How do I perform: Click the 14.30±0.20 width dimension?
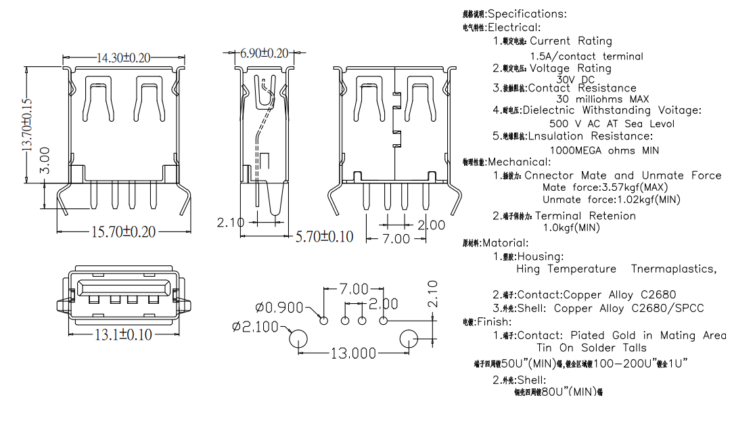click(x=123, y=58)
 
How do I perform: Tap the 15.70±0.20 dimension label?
click(x=123, y=231)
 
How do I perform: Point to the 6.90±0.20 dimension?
click(x=265, y=53)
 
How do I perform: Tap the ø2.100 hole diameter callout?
click(x=255, y=327)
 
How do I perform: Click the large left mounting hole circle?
click(x=298, y=339)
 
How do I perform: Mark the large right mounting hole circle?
click(x=409, y=339)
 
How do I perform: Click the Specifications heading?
click(x=527, y=14)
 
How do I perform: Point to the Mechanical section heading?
click(x=519, y=162)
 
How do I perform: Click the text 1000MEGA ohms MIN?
click(x=603, y=150)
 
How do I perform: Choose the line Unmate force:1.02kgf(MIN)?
click(x=611, y=200)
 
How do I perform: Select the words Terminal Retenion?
click(x=585, y=216)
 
